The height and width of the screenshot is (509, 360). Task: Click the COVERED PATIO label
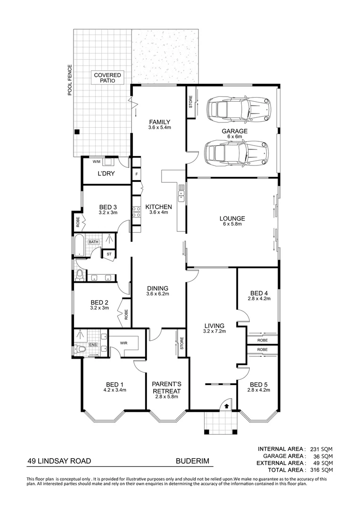click(107, 78)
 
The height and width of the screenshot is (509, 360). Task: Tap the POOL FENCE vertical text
click(70, 81)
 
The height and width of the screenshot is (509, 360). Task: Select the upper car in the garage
click(238, 109)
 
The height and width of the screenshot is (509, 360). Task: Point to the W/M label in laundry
click(97, 162)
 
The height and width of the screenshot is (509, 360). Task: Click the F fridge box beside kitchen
click(136, 174)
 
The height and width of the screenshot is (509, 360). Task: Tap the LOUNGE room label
click(232, 222)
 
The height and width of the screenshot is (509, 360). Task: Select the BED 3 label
click(108, 210)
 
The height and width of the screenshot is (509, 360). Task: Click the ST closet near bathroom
click(109, 254)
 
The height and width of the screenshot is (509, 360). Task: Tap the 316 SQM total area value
click(321, 470)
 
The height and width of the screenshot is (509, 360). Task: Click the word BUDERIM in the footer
click(192, 461)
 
